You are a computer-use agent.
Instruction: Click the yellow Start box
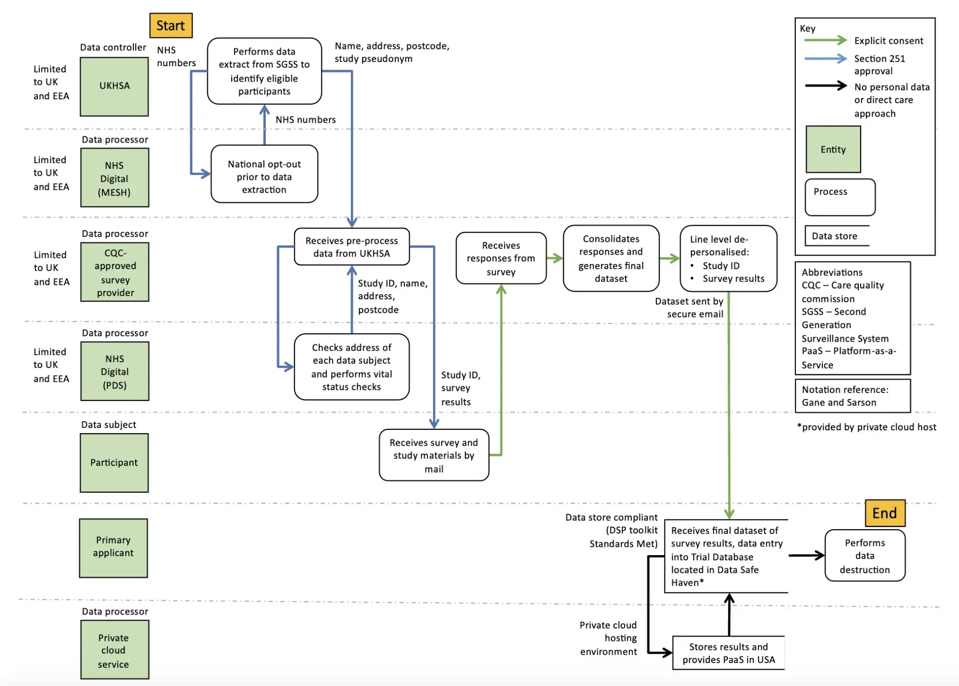point(171,25)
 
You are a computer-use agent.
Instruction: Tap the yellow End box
point(885,513)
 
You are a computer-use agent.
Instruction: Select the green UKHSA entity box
point(114,86)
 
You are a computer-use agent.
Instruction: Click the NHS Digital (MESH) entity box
point(114,178)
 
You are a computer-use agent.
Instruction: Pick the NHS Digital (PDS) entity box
point(114,371)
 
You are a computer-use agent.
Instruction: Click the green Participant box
point(114,463)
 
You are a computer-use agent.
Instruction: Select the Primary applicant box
point(113,547)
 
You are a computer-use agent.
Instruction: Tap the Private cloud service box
point(114,650)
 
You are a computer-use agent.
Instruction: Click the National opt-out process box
point(264,174)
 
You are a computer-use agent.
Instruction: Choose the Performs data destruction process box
point(864,556)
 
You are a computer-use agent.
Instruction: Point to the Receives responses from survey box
point(501,259)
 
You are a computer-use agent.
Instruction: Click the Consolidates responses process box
point(611,259)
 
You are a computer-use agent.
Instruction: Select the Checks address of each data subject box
point(352,367)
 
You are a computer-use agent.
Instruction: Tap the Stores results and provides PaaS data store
point(728,653)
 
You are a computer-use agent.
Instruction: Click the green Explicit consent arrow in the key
point(825,40)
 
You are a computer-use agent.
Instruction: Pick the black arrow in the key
point(825,86)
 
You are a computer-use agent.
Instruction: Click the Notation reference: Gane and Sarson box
point(852,396)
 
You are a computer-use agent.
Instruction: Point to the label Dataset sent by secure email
point(689,308)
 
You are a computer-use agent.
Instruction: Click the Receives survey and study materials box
point(434,455)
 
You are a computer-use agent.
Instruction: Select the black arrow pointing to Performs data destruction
point(806,556)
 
